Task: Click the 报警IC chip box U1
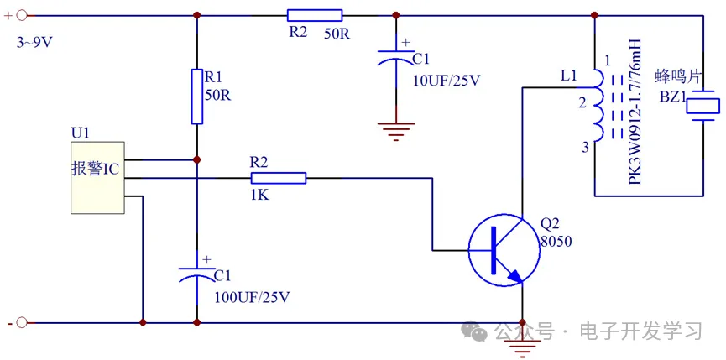coord(97,177)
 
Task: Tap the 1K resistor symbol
coord(279,178)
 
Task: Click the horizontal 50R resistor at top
coord(315,14)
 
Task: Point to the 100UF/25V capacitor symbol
coord(197,270)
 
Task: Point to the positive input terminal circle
coord(23,14)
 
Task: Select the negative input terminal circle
coord(23,322)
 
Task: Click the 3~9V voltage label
coord(34,42)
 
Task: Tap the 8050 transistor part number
coord(556,242)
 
